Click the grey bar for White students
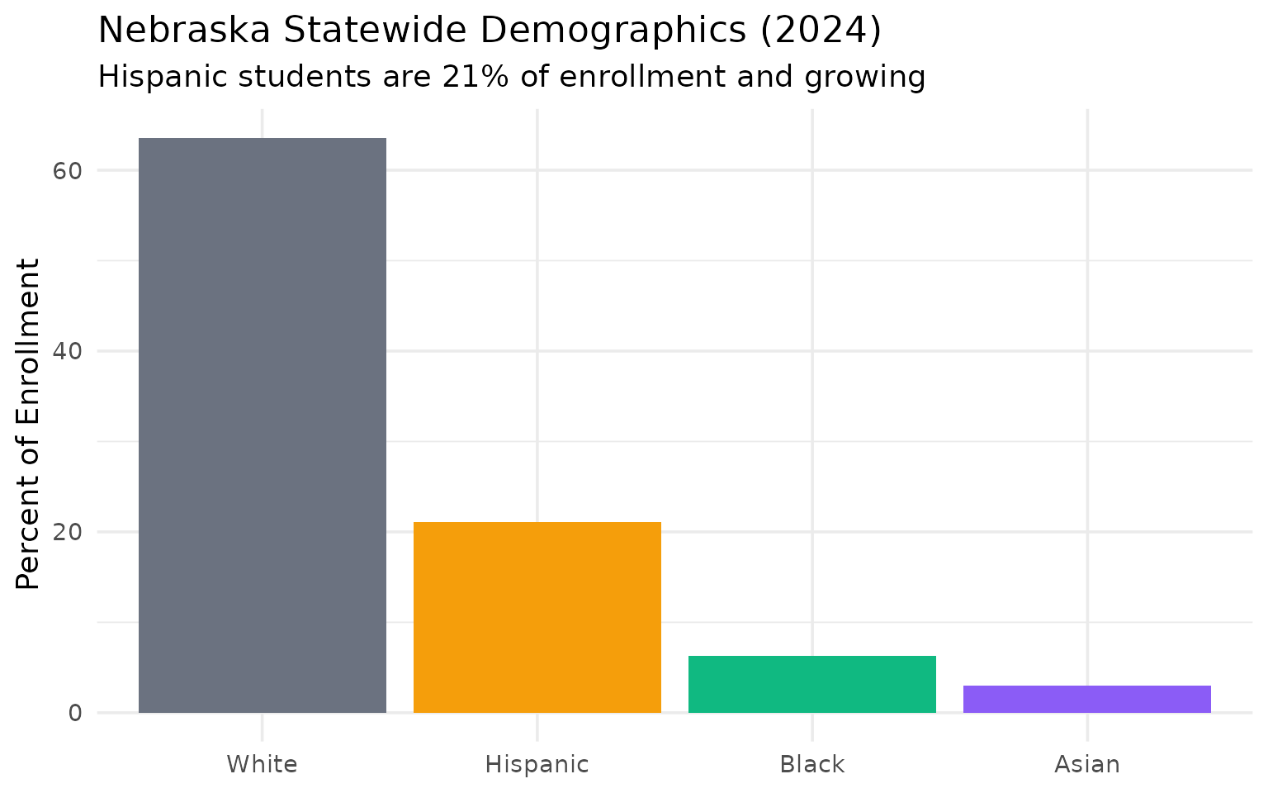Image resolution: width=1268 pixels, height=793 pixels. pos(263,425)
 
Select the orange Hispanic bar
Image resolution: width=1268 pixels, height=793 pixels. pos(537,617)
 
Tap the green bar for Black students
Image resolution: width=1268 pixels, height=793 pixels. pos(812,684)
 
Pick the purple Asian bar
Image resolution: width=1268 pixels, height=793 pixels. pos(1087,699)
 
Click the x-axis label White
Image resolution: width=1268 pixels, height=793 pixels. pos(263,764)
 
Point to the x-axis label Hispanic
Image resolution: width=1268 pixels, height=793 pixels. pos(537,764)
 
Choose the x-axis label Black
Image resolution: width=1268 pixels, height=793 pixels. pos(812,764)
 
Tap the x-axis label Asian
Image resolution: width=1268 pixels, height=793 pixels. pos(1087,764)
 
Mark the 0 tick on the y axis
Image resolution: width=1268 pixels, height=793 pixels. pos(74,712)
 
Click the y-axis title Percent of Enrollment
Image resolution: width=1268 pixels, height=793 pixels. pos(28,425)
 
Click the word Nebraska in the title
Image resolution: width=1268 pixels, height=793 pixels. pos(184,31)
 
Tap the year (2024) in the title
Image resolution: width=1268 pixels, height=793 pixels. pos(821,31)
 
